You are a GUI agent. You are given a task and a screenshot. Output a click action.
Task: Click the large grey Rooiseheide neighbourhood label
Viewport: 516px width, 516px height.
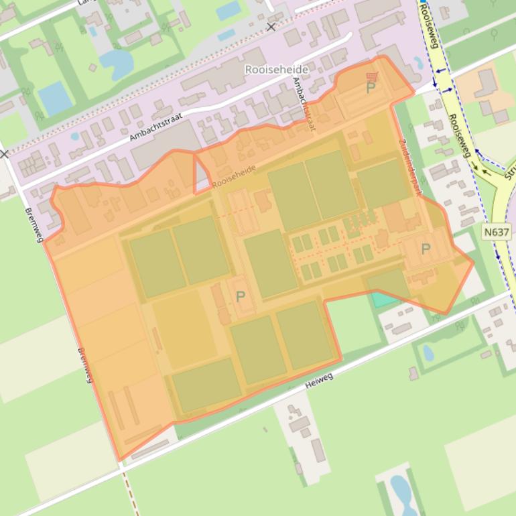coord(277,70)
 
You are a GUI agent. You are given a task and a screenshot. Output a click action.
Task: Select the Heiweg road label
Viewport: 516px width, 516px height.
coord(318,381)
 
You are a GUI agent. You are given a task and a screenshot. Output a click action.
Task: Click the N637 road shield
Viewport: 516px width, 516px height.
coord(496,232)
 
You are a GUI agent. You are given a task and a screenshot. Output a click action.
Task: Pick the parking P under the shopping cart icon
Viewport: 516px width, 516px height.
coord(371,88)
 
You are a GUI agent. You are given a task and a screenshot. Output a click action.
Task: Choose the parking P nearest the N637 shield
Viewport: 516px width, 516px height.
coord(425,249)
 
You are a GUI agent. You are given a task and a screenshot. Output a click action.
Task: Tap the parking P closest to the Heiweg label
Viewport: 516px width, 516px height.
coord(240,296)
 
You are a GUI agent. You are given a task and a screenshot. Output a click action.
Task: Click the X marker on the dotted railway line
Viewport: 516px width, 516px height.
coord(271,27)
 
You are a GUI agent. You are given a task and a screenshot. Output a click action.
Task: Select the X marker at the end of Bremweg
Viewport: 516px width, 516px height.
coord(4,154)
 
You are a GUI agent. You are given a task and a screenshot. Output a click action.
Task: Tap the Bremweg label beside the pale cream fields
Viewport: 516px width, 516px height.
coord(84,365)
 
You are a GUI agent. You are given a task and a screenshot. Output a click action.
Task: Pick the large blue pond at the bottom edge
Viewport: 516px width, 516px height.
coord(401,493)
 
